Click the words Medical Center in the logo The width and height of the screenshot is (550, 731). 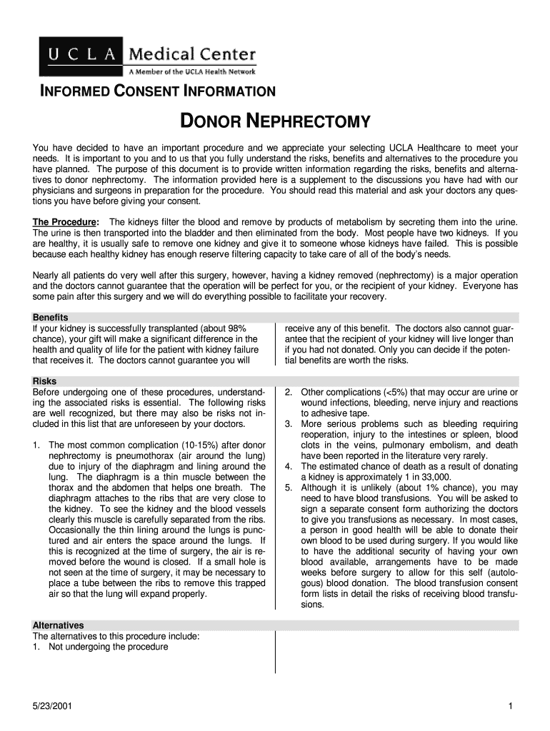tap(191, 54)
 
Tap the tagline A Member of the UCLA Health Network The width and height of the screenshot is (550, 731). tap(191, 71)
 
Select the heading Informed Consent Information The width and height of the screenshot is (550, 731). tap(157, 91)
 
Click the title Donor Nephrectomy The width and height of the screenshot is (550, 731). tap(274, 122)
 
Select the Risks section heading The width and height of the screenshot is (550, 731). tap(44, 381)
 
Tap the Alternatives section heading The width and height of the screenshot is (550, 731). tap(58, 625)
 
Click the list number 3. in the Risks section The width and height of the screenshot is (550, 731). tap(289, 424)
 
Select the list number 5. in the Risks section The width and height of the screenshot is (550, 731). tap(289, 488)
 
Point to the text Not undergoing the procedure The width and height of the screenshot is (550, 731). tap(109, 647)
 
